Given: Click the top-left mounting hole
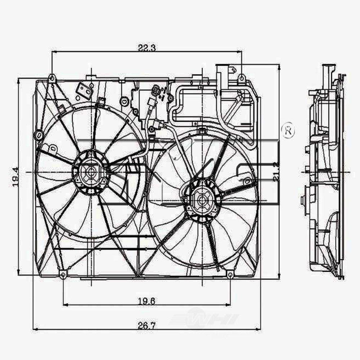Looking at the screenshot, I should click(52, 78).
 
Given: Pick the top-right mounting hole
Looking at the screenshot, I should click(242, 77).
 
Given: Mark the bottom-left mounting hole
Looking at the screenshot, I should click(63, 275).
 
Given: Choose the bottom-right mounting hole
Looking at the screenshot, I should click(230, 275).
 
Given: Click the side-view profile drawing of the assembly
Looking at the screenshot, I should click(326, 173).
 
